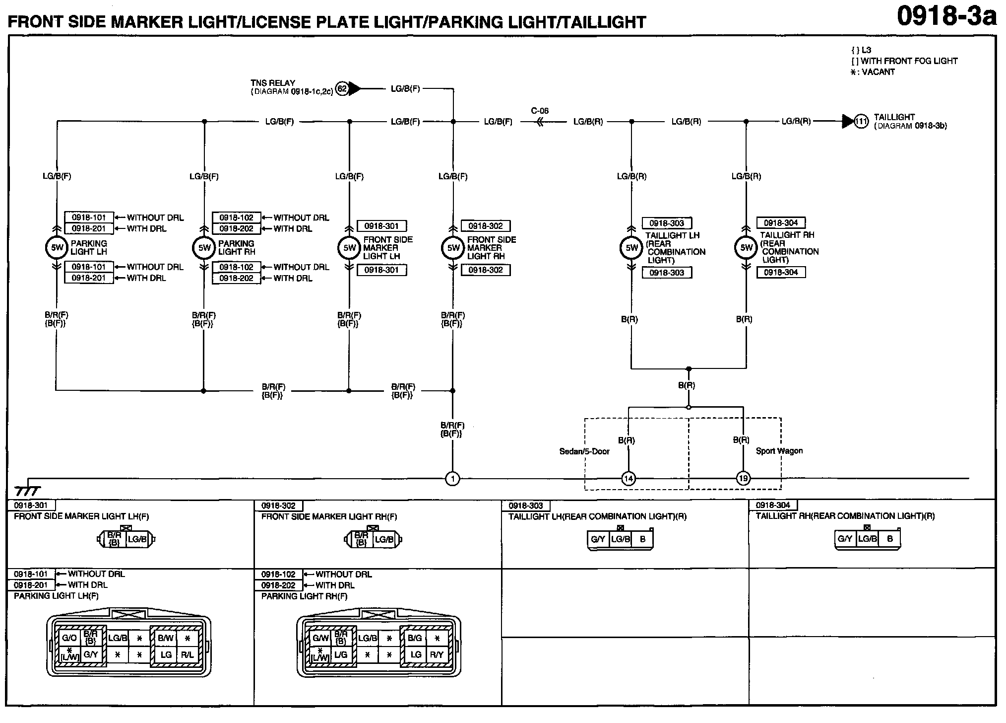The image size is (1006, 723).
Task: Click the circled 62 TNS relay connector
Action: tap(342, 89)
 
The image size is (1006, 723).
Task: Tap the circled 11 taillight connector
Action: tap(861, 121)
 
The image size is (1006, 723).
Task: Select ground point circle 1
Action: tap(452, 479)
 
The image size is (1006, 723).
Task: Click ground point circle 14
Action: tap(629, 479)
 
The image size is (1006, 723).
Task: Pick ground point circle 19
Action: tap(743, 479)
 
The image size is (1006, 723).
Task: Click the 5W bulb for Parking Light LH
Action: tap(57, 248)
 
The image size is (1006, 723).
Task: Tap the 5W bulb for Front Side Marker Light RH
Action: tap(453, 248)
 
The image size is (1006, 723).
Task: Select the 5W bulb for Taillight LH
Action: tap(631, 248)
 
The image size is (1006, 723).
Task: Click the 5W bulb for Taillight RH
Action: tap(746, 248)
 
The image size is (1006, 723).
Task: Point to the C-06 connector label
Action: tap(540, 111)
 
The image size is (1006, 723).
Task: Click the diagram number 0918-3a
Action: tap(946, 17)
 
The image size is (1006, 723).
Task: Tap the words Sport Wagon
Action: tap(779, 451)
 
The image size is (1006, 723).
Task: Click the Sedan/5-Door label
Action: tap(584, 451)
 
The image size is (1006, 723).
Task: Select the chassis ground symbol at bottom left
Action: tap(27, 491)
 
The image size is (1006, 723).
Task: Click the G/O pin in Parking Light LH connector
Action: tap(69, 638)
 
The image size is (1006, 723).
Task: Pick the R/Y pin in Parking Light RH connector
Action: tap(437, 654)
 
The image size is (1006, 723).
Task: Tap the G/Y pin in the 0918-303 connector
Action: tap(598, 539)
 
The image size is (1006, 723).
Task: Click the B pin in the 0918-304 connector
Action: tap(890, 539)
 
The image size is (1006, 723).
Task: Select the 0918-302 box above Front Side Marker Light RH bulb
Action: tap(485, 226)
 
